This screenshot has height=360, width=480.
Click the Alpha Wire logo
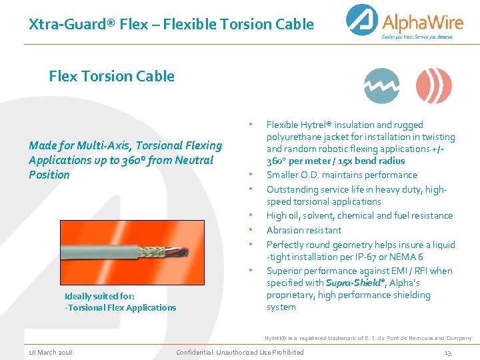(400, 22)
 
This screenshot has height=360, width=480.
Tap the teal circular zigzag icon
(382, 86)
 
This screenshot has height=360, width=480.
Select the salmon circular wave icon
(433, 86)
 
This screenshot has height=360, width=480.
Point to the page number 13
(448, 352)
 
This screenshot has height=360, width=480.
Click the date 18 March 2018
(51, 352)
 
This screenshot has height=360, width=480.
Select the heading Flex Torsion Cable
(111, 76)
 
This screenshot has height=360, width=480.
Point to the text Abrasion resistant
(304, 230)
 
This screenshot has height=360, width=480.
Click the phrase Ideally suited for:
(99, 296)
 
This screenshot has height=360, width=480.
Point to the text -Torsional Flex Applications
(121, 307)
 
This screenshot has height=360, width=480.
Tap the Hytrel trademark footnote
(368, 338)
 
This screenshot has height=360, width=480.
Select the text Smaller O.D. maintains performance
(342, 175)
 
